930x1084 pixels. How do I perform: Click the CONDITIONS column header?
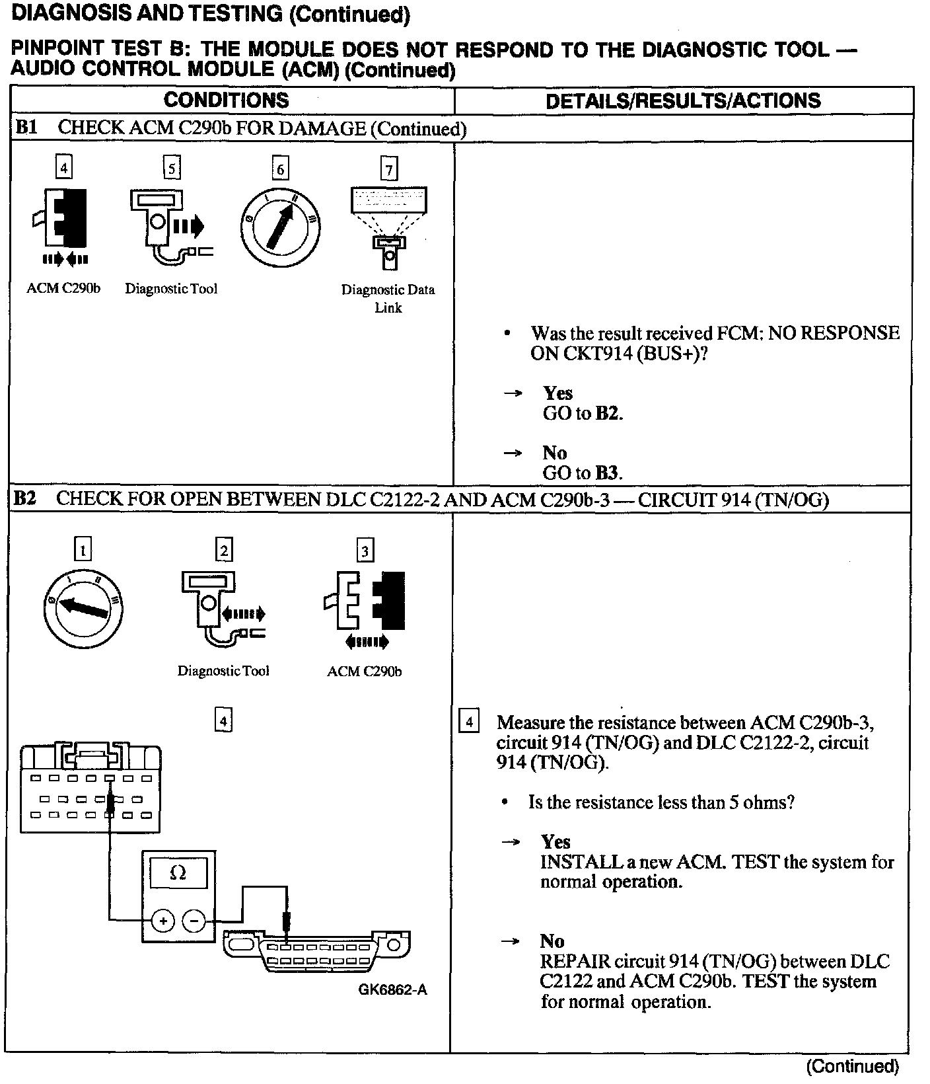click(x=226, y=100)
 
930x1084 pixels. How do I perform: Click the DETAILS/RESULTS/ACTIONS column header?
click(x=683, y=100)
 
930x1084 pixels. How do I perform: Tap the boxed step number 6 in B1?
click(x=280, y=170)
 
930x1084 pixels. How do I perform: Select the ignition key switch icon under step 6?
click(x=280, y=225)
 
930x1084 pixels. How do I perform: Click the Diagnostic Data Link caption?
click(x=388, y=298)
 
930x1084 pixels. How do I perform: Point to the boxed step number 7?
click(x=389, y=170)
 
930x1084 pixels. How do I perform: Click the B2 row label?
click(x=24, y=498)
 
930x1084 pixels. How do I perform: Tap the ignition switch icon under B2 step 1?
click(x=82, y=606)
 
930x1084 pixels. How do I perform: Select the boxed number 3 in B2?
click(x=365, y=550)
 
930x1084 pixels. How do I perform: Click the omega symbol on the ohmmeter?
click(x=178, y=872)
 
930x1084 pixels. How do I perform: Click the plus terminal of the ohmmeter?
click(x=163, y=920)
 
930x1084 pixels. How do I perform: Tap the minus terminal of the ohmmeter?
click(x=194, y=920)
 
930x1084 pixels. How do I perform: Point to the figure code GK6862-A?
click(x=392, y=989)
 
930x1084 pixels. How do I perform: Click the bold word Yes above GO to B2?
click(x=557, y=393)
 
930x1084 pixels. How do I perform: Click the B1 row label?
click(x=25, y=128)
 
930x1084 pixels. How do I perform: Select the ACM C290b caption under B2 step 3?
click(x=364, y=672)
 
